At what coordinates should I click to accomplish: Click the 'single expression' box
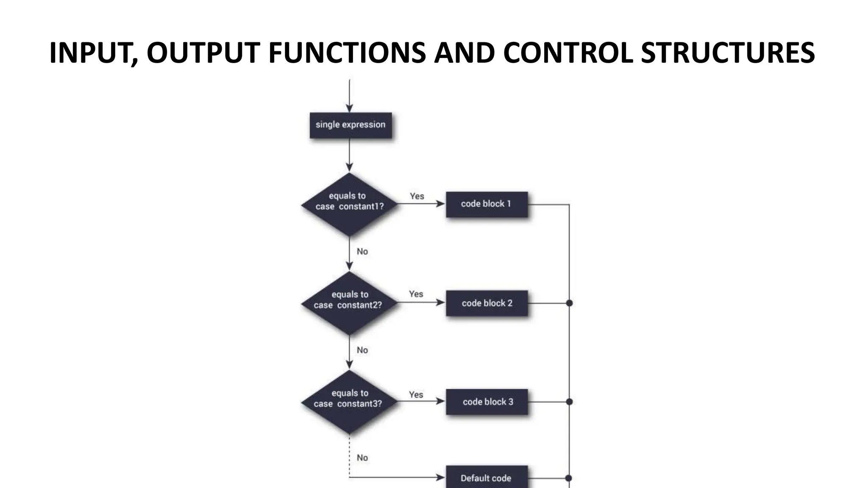point(351,125)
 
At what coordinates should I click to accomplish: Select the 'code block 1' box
point(487,204)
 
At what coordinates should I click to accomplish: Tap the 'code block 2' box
point(487,303)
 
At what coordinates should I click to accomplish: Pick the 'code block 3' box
point(487,402)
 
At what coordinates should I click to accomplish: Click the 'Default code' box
point(487,478)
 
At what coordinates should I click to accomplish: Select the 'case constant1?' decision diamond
point(349,204)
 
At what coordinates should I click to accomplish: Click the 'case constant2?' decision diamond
point(349,303)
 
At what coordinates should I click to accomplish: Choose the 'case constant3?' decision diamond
point(349,402)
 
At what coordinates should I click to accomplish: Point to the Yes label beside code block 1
point(417,196)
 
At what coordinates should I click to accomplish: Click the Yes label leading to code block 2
point(416,294)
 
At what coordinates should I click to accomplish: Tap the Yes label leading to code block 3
point(416,394)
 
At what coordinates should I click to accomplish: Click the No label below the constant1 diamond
point(362,252)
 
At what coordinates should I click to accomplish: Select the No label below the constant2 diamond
point(362,350)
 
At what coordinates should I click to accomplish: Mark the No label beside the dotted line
point(362,458)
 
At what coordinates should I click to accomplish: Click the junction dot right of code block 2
point(569,303)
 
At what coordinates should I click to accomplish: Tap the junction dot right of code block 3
point(569,402)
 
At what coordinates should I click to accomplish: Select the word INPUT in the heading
point(90,53)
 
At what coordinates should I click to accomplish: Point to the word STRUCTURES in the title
point(727,53)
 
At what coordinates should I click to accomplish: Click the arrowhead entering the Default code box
point(441,478)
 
